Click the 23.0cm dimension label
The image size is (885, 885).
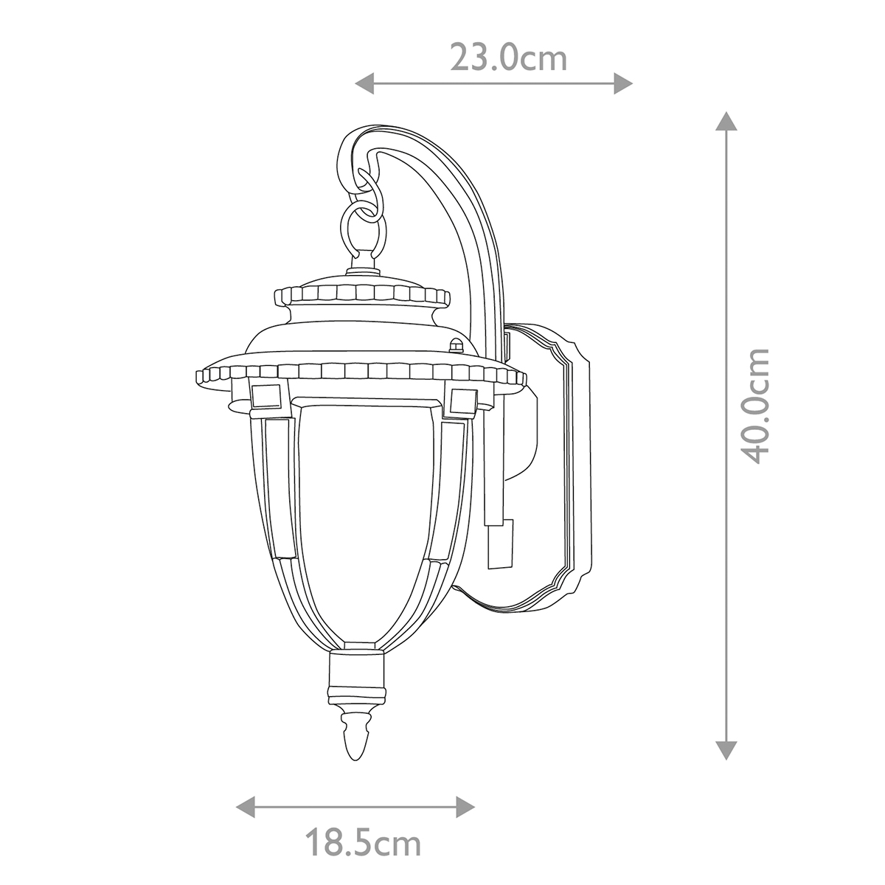[508, 58]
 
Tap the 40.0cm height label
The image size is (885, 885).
[755, 406]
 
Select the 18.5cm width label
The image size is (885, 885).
[363, 842]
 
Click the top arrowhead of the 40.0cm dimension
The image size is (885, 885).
[727, 121]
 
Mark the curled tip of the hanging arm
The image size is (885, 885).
[347, 155]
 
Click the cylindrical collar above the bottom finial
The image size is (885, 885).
[357, 676]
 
